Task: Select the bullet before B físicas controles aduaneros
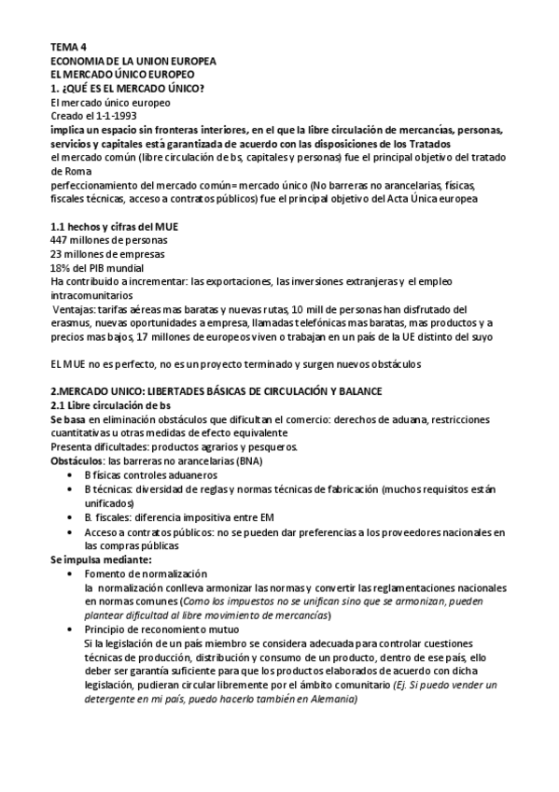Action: coord(72,474)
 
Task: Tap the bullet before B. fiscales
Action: coord(72,517)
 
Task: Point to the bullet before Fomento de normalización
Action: coord(72,573)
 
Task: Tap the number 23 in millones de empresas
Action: coord(56,252)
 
